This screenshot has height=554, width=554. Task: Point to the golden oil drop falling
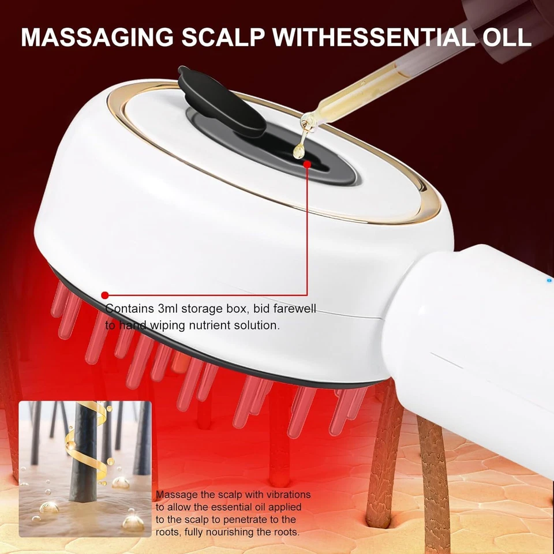tap(298, 151)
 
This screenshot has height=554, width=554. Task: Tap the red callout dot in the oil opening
tap(307, 164)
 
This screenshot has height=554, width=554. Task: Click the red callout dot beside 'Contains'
tap(104, 295)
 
